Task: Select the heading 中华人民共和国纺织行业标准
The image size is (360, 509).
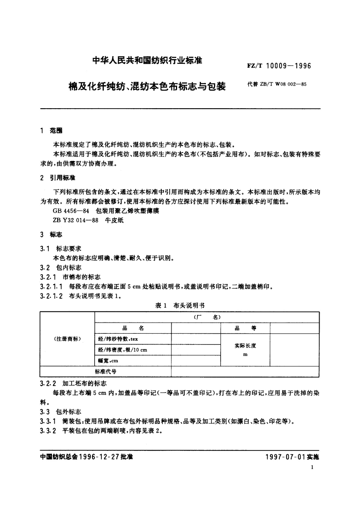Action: [x=147, y=60]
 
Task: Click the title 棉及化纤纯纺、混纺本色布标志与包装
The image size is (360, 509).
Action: [x=147, y=87]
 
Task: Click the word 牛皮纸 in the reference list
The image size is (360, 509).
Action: [x=114, y=220]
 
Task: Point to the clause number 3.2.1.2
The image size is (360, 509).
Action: [x=51, y=296]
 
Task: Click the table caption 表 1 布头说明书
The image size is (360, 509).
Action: [x=180, y=306]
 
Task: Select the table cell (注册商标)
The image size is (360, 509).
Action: [x=67, y=339]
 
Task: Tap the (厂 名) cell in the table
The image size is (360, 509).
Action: [x=207, y=317]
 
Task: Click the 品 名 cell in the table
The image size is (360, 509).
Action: [x=133, y=328]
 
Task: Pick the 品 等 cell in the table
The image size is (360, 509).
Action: [x=245, y=328]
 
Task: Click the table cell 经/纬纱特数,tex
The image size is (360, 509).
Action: [x=118, y=339]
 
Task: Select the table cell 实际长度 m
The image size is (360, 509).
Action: [x=245, y=350]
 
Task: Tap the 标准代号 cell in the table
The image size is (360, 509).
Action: [x=105, y=371]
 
